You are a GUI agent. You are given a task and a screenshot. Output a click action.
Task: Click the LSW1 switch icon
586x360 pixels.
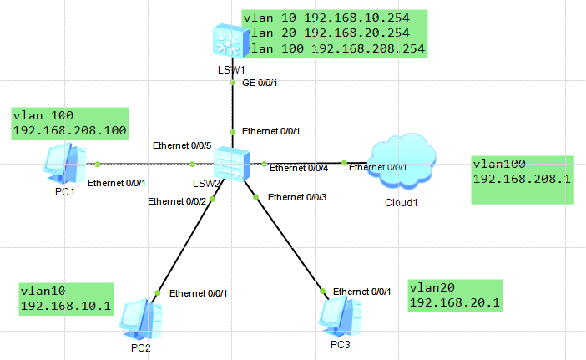[230, 40]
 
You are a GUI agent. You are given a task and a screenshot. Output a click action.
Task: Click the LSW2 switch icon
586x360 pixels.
[231, 163]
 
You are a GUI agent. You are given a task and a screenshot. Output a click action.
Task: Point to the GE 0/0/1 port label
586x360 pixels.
[260, 83]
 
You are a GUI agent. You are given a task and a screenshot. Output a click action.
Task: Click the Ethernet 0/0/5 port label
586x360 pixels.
[182, 145]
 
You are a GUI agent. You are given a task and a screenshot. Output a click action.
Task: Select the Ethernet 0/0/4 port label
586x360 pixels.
[298, 169]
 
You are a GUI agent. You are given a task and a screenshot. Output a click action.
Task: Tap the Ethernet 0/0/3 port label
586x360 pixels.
[298, 197]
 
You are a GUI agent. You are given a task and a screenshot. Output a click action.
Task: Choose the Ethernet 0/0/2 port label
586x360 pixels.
[178, 200]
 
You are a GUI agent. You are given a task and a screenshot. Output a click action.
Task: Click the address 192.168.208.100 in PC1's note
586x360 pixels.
[70, 130]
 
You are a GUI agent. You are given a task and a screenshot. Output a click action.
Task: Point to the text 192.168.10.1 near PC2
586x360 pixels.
[65, 306]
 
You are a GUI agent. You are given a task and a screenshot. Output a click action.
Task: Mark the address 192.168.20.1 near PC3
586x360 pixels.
[454, 302]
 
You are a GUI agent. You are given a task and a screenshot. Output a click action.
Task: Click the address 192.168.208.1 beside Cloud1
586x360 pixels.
[523, 179]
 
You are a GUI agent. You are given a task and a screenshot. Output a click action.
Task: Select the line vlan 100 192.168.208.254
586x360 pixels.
[334, 49]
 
